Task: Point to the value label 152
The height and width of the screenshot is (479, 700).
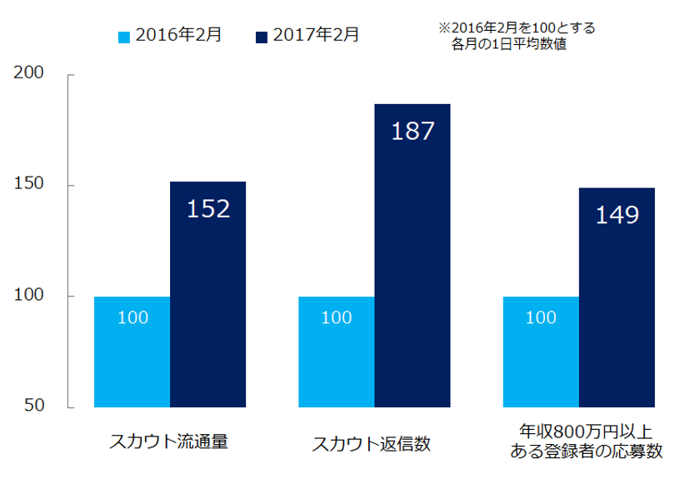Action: [x=207, y=209]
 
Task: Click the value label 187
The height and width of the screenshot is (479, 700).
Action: [x=412, y=131]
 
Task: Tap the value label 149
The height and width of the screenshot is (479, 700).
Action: [x=617, y=215]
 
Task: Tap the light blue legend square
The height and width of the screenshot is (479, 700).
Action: [x=125, y=36]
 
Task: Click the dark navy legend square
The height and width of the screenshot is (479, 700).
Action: [x=263, y=36]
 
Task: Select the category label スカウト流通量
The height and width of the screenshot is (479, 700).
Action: [x=169, y=442]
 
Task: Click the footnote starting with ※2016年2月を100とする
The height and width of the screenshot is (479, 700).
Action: [x=517, y=37]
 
